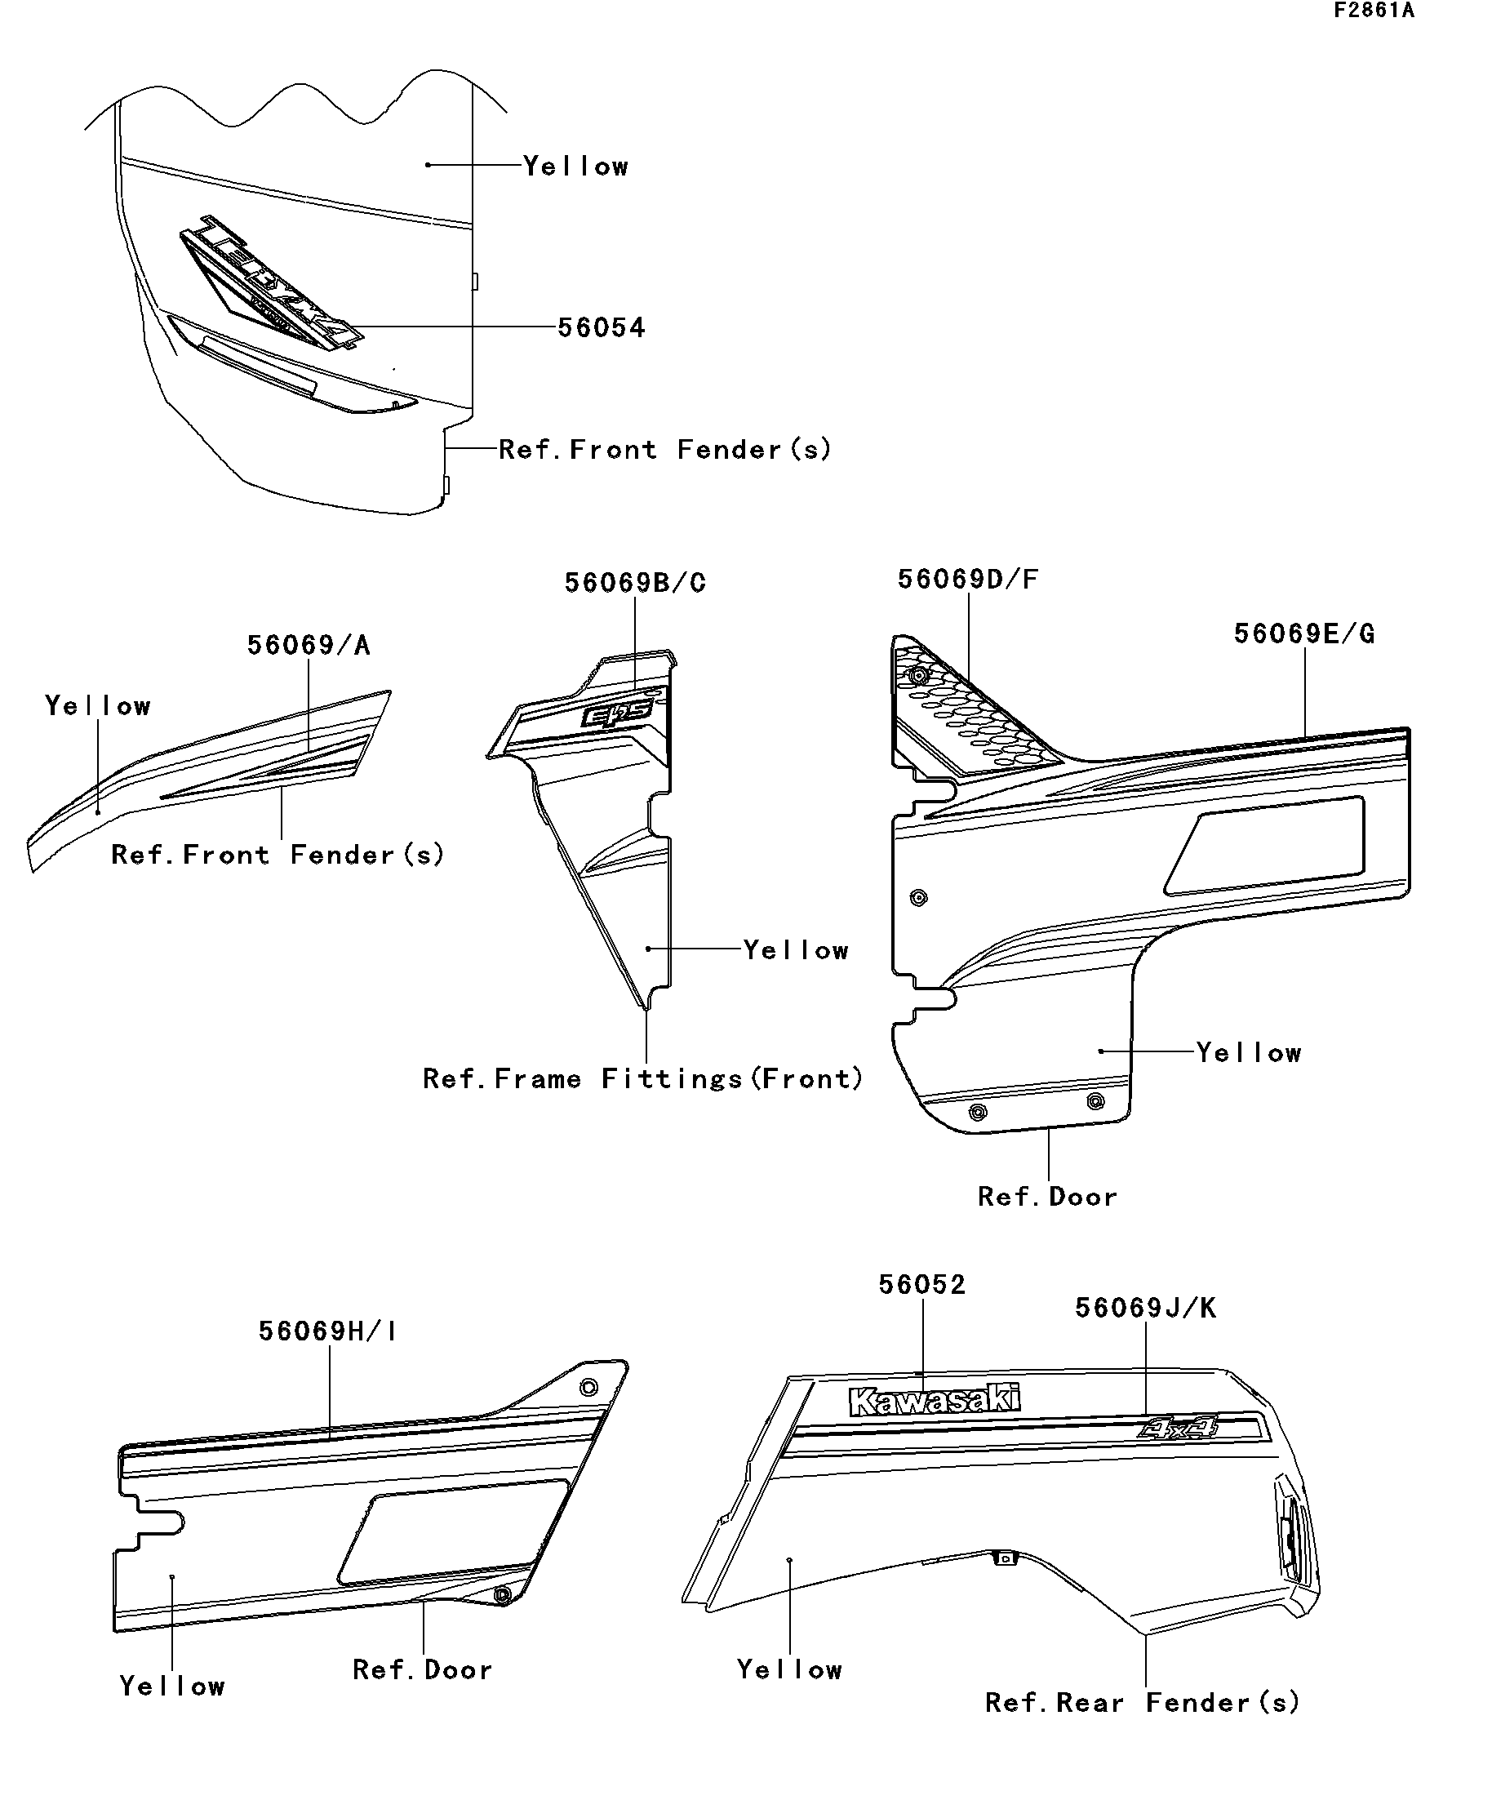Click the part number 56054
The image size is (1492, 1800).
[x=601, y=327]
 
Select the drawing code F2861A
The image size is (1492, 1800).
[x=1373, y=11]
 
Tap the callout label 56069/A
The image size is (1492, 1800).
[x=309, y=646]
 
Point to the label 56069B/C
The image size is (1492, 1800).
[x=635, y=583]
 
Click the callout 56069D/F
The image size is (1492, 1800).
[x=967, y=580]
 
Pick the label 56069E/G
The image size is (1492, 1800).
[x=1304, y=634]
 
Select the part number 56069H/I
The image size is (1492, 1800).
[x=327, y=1331]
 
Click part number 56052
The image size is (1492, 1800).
[x=922, y=1284]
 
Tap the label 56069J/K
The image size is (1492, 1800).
[x=1146, y=1308]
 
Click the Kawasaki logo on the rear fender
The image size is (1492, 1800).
[x=934, y=1401]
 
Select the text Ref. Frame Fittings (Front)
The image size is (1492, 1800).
[x=642, y=1078]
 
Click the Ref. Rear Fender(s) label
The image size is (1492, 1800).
[x=1143, y=1702]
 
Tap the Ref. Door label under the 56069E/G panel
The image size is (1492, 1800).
[x=1047, y=1197]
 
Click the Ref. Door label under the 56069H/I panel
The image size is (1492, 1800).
[x=423, y=1669]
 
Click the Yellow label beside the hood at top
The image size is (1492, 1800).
[x=576, y=167]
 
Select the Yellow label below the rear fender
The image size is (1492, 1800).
[x=789, y=1669]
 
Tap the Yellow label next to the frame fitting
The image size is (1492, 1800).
[x=796, y=949]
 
